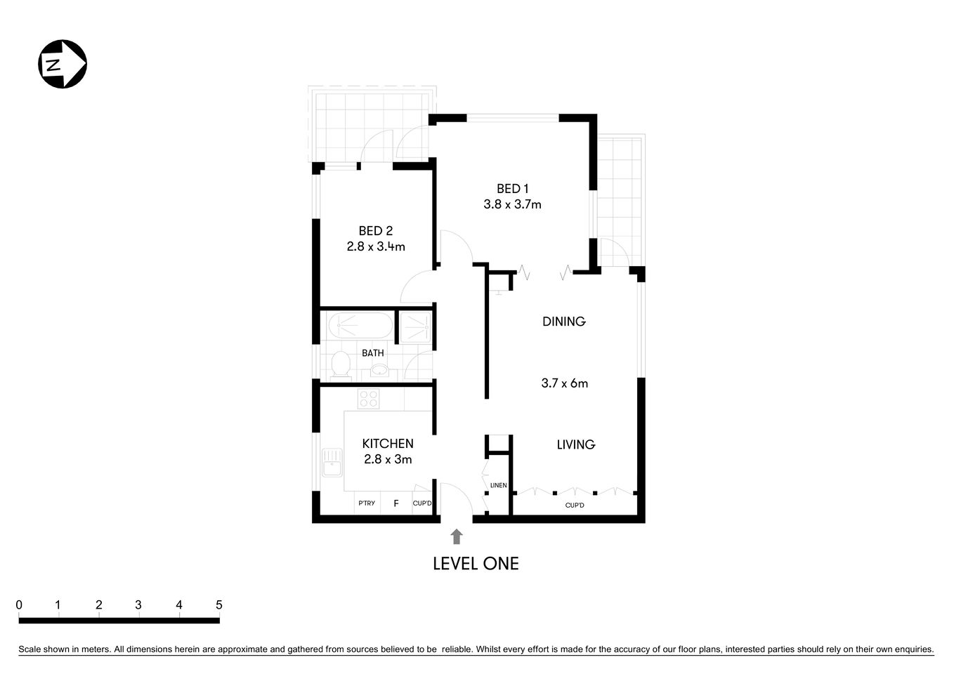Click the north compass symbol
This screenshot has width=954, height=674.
coord(62,65)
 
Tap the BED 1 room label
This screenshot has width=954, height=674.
coord(512,188)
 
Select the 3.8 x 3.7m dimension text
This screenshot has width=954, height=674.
coord(512,205)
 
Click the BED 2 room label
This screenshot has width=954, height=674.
coord(375,230)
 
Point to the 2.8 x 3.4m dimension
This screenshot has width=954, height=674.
coord(375,247)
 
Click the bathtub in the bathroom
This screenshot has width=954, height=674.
coord(358,326)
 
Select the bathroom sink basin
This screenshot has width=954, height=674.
coord(379,370)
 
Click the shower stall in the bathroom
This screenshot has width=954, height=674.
coord(414,326)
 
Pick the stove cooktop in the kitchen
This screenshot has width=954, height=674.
coord(369,399)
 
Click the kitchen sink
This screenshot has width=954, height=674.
coord(331,464)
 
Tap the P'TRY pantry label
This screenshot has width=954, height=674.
coord(367,503)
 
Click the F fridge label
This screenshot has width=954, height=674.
coord(396,503)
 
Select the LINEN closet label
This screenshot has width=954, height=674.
coord(498,485)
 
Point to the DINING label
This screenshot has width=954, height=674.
coord(563,322)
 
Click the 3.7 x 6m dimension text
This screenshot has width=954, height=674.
coord(564,383)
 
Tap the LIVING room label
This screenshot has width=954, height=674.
coord(575,444)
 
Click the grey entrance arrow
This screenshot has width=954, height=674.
coord(457,537)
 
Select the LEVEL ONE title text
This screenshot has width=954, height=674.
coord(476,564)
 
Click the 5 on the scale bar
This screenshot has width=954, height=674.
coord(219,605)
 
